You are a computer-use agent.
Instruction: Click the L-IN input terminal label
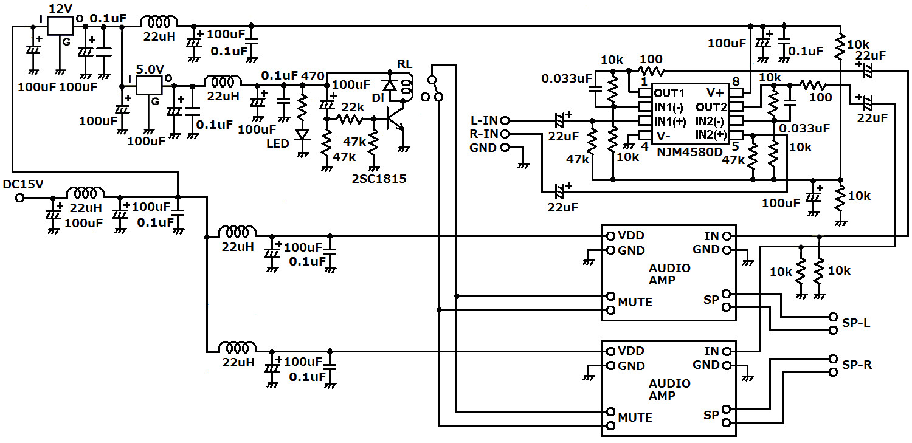point(484,120)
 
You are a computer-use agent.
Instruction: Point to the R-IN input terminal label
point(484,134)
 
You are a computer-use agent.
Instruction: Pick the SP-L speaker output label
point(856,323)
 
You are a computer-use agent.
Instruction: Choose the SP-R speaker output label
point(856,365)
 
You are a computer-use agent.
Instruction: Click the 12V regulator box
point(60,26)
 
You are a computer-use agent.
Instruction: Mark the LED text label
point(278,143)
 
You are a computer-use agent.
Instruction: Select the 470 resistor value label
point(314,75)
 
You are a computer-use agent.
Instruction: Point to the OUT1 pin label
point(669,93)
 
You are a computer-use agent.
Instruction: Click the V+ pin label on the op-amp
point(715,93)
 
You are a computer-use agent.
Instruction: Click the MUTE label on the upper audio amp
point(635,302)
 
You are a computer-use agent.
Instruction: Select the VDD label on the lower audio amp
point(631,352)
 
